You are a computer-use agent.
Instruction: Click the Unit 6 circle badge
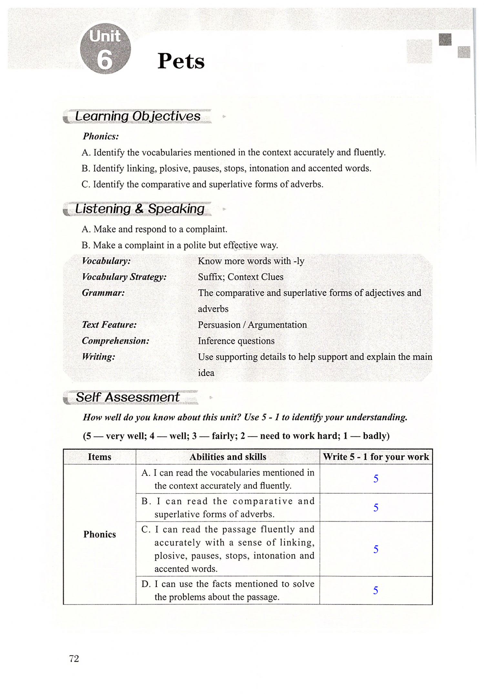105,49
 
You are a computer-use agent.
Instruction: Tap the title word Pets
181,61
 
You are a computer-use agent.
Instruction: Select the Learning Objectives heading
138,116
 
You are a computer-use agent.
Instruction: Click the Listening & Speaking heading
140,209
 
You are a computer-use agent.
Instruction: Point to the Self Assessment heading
128,397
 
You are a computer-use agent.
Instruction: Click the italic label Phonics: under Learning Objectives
101,136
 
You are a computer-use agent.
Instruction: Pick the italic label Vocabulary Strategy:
124,277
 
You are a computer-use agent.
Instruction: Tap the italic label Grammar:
103,293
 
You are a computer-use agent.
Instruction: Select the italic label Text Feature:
109,325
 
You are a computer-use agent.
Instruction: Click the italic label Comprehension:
116,341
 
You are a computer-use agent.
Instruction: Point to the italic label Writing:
98,357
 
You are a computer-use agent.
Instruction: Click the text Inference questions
236,341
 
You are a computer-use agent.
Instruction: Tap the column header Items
99,457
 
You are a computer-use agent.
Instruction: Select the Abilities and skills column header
228,457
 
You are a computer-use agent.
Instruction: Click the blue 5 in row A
376,479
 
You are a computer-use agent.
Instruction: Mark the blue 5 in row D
376,590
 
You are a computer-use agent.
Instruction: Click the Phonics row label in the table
99,534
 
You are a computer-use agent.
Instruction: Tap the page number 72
74,659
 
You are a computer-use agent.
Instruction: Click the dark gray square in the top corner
445,40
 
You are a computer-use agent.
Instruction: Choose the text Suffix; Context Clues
241,277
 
